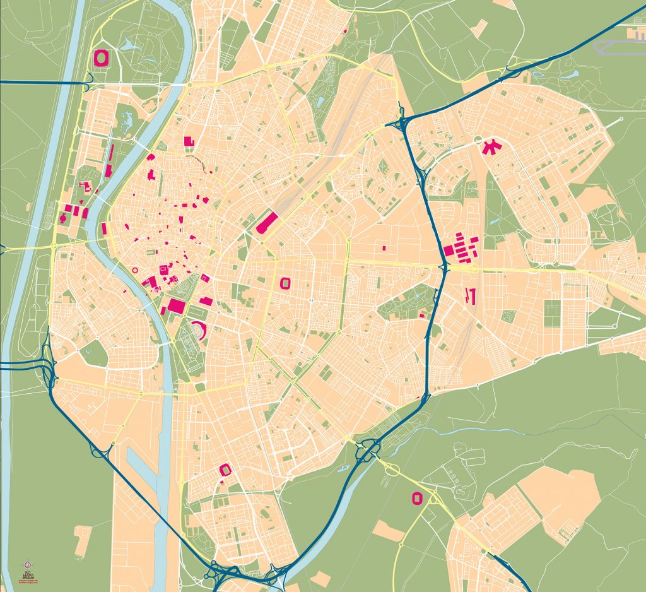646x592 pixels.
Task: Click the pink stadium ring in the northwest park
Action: pyautogui.click(x=101, y=57)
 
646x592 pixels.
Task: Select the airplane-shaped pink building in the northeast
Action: pyautogui.click(x=488, y=148)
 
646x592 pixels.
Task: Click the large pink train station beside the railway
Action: pyautogui.click(x=267, y=223)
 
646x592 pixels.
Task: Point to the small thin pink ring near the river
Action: pyautogui.click(x=134, y=270)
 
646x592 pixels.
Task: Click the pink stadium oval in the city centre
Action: pyautogui.click(x=285, y=283)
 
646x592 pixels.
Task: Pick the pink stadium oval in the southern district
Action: pyautogui.click(x=225, y=470)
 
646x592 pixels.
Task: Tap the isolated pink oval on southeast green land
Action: pyautogui.click(x=416, y=498)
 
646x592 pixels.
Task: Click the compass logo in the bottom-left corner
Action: pyautogui.click(x=26, y=564)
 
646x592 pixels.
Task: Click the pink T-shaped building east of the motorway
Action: pyautogui.click(x=469, y=295)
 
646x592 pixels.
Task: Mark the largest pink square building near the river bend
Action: pyautogui.click(x=176, y=307)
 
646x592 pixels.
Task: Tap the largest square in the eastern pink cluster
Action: pyautogui.click(x=449, y=250)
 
